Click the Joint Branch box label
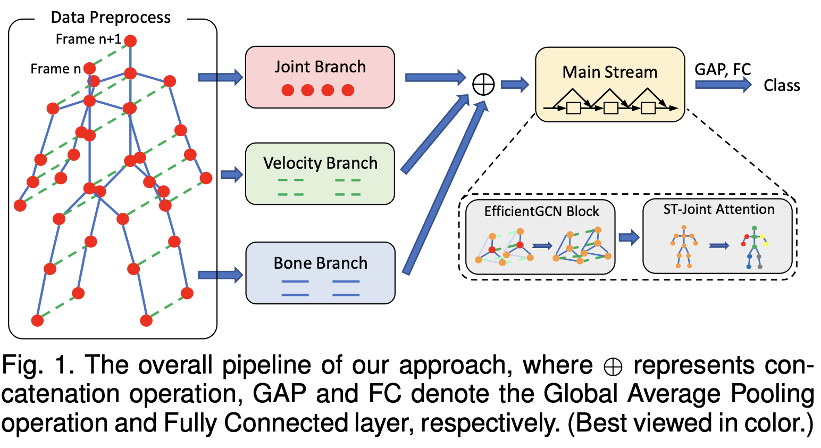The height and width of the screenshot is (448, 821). click(320, 67)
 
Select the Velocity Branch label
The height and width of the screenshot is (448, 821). click(320, 163)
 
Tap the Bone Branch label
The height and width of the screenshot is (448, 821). click(320, 263)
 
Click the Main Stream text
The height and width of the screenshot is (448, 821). click(610, 72)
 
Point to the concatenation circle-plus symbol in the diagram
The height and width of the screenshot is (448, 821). click(483, 84)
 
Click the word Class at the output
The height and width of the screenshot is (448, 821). click(782, 86)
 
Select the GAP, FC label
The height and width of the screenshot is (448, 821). click(723, 69)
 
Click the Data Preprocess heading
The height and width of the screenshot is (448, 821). click(111, 18)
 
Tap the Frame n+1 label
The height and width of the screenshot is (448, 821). click(88, 39)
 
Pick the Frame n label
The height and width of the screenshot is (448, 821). click(56, 69)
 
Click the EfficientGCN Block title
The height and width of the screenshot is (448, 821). click(542, 212)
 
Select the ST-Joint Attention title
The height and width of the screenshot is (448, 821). click(719, 209)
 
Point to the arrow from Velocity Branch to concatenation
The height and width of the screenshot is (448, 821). click(435, 134)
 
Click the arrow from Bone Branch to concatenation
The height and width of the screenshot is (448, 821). click(446, 188)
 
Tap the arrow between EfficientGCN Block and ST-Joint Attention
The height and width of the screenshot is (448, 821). click(629, 237)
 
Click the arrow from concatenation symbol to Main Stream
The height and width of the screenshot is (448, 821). click(515, 85)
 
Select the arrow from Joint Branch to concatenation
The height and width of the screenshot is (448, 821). click(435, 77)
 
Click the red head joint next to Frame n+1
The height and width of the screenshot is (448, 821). click(130, 40)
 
